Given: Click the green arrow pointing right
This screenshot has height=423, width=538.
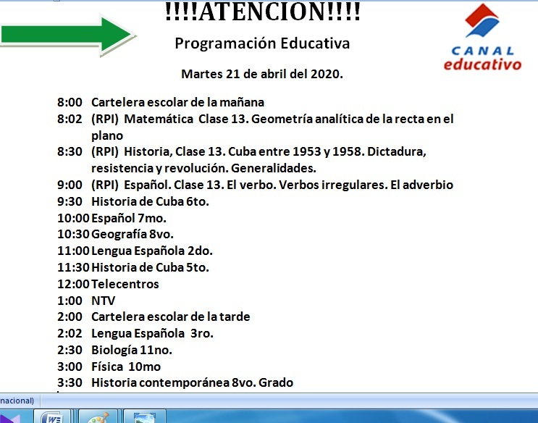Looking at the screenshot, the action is (x=67, y=35).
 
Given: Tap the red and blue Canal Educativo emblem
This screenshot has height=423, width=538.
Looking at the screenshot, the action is (x=482, y=20).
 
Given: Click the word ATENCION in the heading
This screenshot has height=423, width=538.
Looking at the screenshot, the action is (x=263, y=12).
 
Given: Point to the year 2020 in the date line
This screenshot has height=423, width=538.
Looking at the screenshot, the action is (x=327, y=74).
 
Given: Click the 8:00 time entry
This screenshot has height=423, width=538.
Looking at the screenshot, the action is (x=70, y=102).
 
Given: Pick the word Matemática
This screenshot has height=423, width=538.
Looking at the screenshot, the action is (x=158, y=119).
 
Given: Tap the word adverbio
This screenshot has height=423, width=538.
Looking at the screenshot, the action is (x=427, y=185).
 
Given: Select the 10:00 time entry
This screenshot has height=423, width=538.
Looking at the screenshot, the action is (x=73, y=218).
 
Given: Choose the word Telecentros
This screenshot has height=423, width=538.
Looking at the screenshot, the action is (x=125, y=284).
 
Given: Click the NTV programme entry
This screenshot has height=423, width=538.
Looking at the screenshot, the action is (x=104, y=301).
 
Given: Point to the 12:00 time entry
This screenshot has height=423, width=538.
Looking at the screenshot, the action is (x=73, y=284).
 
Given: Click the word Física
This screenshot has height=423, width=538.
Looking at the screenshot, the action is (x=107, y=367).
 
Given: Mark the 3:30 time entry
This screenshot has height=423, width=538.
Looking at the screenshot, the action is (x=70, y=382).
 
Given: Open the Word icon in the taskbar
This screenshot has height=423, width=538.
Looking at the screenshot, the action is (x=52, y=417).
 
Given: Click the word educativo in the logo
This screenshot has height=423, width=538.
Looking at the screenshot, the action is (x=482, y=64).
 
